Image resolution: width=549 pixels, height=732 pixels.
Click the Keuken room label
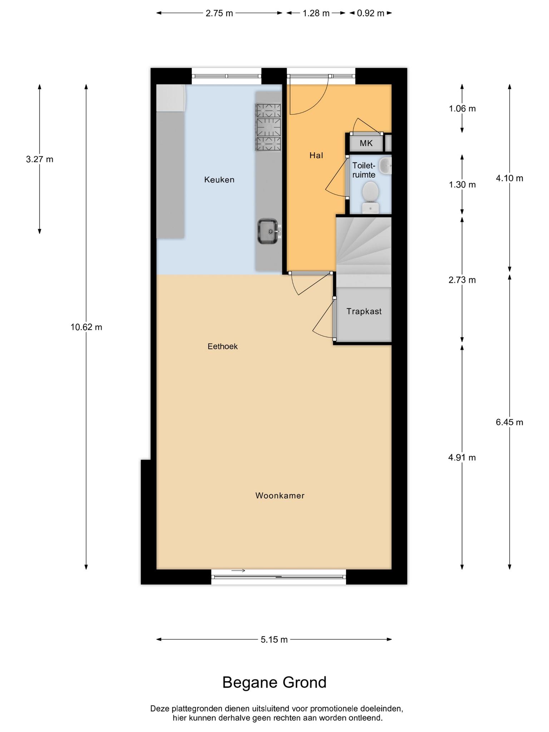[x=219, y=180]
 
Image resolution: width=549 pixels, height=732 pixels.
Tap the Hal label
[x=316, y=155]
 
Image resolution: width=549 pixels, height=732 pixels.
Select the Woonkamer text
[x=280, y=495]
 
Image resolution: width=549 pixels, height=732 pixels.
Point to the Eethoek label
[x=223, y=346]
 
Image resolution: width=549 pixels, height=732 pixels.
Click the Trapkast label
[x=364, y=311]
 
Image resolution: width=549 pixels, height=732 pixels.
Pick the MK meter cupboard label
[x=366, y=143]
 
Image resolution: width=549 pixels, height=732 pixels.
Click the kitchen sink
[x=268, y=232]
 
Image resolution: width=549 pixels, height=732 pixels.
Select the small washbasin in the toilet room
[x=385, y=166]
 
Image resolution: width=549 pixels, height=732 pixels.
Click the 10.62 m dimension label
[x=86, y=327]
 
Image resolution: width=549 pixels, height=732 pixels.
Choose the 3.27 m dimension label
[x=40, y=159]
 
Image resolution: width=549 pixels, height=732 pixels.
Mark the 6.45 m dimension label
[x=509, y=422]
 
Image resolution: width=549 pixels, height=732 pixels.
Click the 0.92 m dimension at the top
[x=371, y=14]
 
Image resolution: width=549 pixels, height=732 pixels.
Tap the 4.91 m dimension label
[x=462, y=457]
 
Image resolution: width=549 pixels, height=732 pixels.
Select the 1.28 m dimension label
[x=316, y=14]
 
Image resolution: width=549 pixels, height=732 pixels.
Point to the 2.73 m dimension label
[x=462, y=280]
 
